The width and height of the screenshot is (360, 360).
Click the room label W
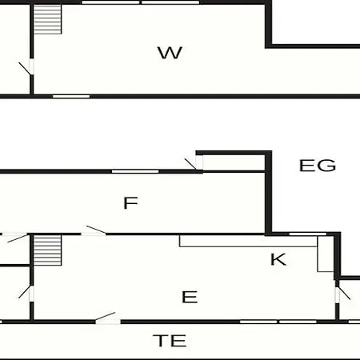coord(170,53)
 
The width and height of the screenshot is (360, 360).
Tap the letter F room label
coord(130,203)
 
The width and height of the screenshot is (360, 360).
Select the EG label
coord(318,166)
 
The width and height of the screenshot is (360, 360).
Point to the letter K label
coord(278,259)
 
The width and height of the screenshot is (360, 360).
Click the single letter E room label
coord(190,297)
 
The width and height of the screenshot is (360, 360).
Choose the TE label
coord(170,341)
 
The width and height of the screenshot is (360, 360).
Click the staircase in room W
coord(47,19)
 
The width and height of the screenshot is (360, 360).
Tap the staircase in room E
coord(47,250)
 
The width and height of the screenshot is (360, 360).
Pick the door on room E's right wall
coord(342,294)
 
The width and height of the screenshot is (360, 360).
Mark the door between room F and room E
coord(94,230)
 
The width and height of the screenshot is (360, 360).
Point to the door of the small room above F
coord(194,164)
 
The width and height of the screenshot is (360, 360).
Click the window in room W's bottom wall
coord(71,96)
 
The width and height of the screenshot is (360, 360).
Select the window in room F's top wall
coord(135,171)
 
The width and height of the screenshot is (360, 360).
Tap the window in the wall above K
coord(308,234)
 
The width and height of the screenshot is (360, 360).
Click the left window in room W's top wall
coord(110,2)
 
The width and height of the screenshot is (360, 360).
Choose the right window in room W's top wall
coord(170,2)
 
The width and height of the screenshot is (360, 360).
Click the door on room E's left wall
coord(26,294)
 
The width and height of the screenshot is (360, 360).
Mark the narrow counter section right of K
coord(326,254)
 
